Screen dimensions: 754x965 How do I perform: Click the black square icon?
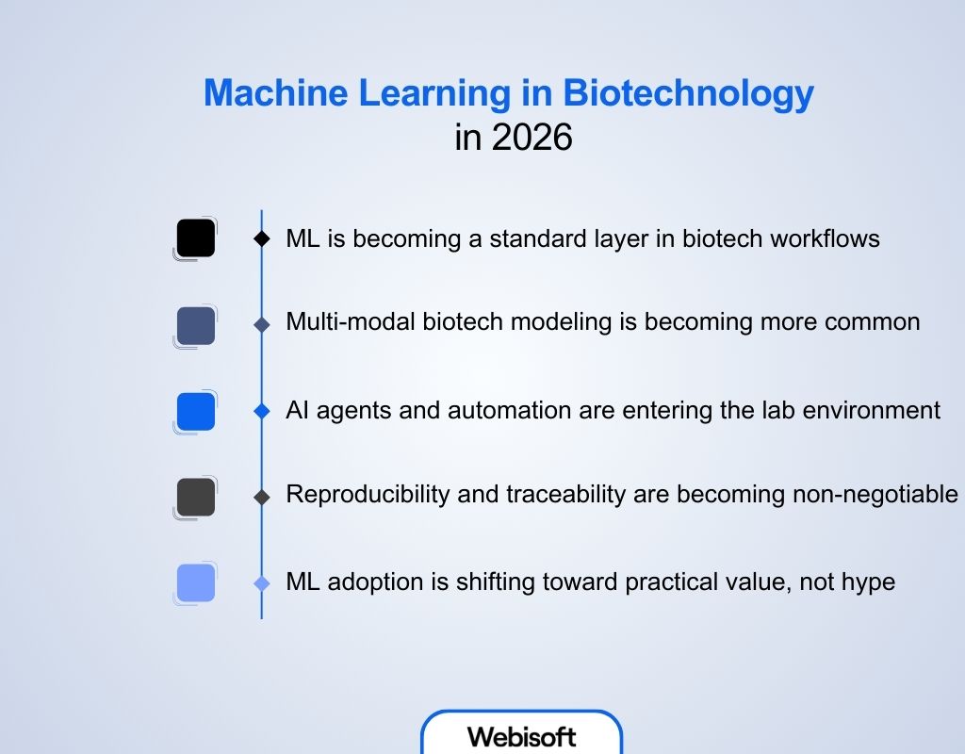(196, 238)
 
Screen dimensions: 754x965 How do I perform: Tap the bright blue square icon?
(196, 412)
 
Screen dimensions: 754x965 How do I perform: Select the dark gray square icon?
(196, 497)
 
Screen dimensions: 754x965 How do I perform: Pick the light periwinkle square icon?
(196, 582)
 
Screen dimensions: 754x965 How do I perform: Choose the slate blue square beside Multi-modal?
(196, 325)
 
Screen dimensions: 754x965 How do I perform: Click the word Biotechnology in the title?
(689, 94)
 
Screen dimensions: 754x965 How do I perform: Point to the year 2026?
(532, 138)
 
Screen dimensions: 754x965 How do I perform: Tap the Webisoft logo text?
(521, 736)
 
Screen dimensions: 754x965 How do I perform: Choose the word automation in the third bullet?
(509, 411)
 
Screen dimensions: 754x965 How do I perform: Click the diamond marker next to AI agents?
(262, 412)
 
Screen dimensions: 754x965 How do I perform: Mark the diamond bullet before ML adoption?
(262, 583)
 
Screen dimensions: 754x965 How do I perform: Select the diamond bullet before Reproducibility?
(262, 497)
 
